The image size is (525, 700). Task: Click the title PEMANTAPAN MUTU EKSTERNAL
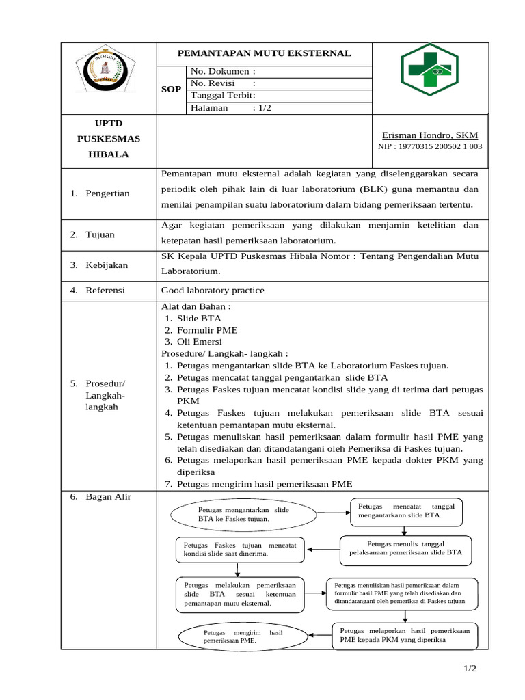point(264,53)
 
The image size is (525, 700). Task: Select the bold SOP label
point(171,90)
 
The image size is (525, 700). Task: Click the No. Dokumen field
point(223,71)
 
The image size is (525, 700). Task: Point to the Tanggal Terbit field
point(223,96)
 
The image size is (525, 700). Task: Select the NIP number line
point(430,146)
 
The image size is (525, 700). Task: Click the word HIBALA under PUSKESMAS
point(108,154)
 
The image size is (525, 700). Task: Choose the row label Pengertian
point(107,194)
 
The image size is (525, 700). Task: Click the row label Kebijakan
point(106,265)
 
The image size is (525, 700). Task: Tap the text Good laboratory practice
point(213,291)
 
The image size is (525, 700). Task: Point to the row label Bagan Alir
point(107,497)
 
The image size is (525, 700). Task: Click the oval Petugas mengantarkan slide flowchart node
point(243,514)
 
